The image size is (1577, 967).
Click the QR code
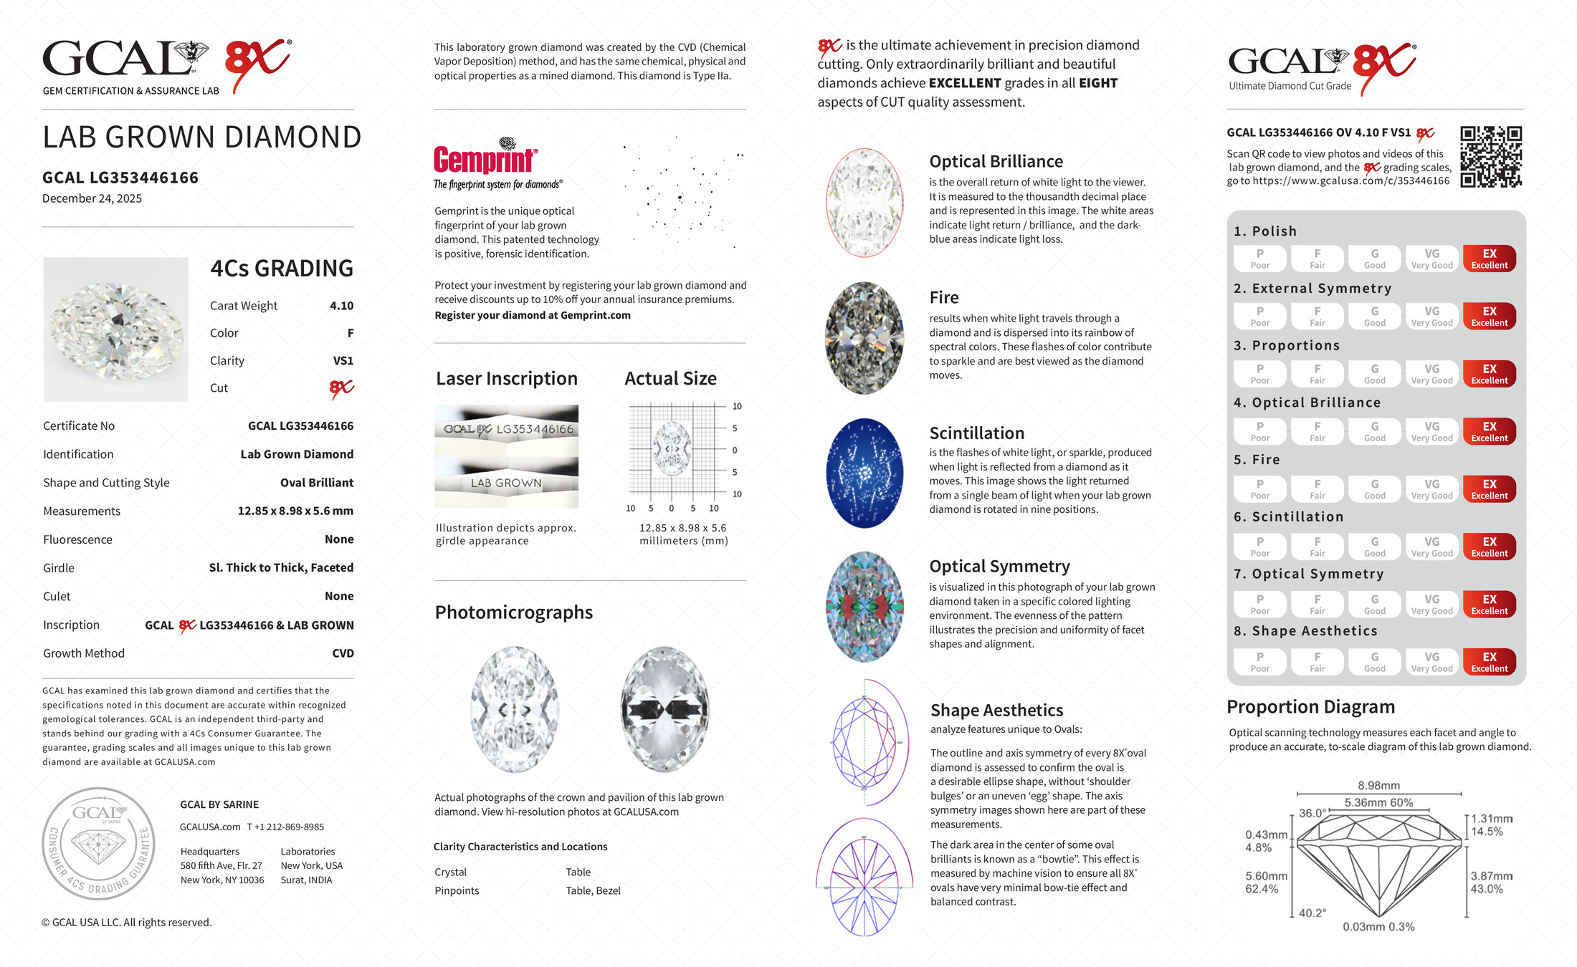(1491, 157)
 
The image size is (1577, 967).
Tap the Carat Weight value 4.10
(341, 306)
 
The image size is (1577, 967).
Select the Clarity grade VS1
(343, 361)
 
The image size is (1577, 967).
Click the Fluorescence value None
(339, 539)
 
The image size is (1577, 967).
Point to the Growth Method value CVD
(343, 653)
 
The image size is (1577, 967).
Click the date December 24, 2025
(92, 198)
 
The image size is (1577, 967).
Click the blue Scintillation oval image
(864, 473)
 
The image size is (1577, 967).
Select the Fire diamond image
(864, 338)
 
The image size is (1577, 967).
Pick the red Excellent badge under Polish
(1489, 259)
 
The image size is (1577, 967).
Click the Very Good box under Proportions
(1431, 374)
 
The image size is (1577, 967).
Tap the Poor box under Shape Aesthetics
(1259, 662)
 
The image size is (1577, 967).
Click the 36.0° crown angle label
(1312, 814)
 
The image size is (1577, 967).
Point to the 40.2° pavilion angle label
(1312, 913)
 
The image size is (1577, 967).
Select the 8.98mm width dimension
(1378, 786)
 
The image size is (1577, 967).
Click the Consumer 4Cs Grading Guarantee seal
(98, 844)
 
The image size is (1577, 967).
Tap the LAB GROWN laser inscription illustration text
(506, 483)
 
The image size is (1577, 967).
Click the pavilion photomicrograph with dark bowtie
(665, 709)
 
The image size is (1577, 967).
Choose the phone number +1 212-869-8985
(285, 827)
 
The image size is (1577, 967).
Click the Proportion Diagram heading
(1310, 707)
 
